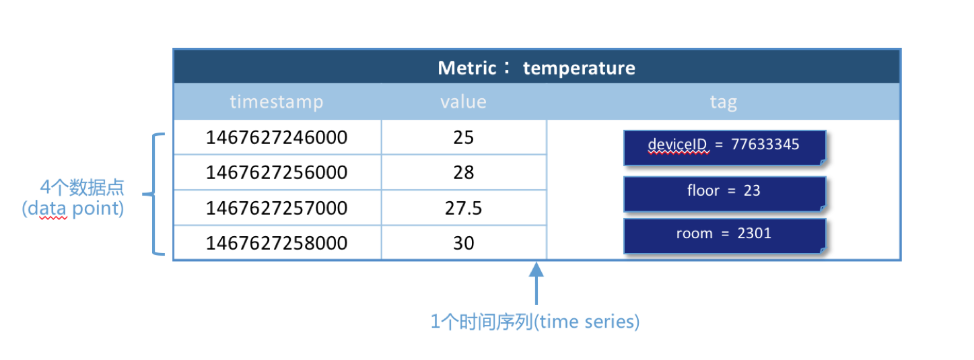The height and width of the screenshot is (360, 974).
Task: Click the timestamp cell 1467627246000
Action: click(277, 137)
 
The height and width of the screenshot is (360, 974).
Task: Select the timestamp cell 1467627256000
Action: click(277, 173)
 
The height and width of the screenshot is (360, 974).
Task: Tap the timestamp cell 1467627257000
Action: click(277, 208)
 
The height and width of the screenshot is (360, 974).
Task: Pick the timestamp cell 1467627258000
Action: click(277, 243)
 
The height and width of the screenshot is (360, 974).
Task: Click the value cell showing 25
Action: click(464, 137)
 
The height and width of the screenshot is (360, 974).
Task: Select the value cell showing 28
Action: click(464, 173)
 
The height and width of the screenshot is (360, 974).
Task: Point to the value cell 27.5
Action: click(464, 208)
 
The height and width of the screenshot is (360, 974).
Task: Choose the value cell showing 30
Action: click(464, 243)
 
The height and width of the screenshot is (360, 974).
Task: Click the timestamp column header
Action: click(277, 102)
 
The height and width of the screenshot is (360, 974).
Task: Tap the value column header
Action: click(464, 102)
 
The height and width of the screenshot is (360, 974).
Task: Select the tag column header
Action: click(724, 102)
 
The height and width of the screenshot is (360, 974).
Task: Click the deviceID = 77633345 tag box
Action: click(725, 148)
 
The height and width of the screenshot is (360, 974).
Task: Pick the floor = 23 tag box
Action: click(725, 194)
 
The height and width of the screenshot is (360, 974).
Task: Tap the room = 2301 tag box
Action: click(725, 236)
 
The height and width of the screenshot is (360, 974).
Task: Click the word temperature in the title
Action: click(579, 68)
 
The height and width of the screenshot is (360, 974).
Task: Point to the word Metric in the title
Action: click(467, 68)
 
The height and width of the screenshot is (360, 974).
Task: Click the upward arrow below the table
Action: click(536, 283)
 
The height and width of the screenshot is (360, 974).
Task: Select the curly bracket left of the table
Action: click(154, 194)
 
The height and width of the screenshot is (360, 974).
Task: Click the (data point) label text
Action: click(73, 209)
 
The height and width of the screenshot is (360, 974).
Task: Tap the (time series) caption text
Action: click(586, 322)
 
